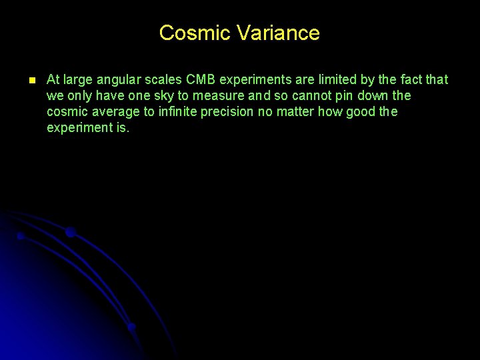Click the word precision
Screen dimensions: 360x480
click(229, 112)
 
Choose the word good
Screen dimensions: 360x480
click(361, 112)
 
